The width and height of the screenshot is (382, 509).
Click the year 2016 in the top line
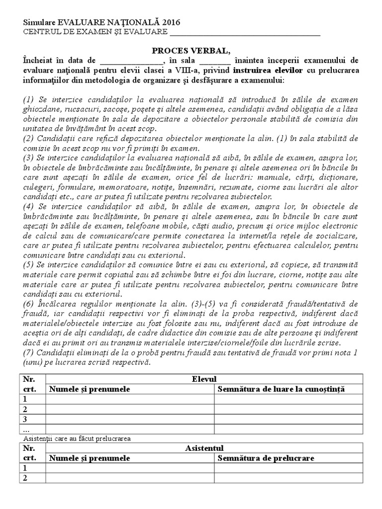click(x=171, y=22)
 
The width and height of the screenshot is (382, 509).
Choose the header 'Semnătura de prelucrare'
click(x=266, y=458)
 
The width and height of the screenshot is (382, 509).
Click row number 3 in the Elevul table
click(x=26, y=419)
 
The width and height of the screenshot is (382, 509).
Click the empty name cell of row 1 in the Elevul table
click(x=130, y=399)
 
